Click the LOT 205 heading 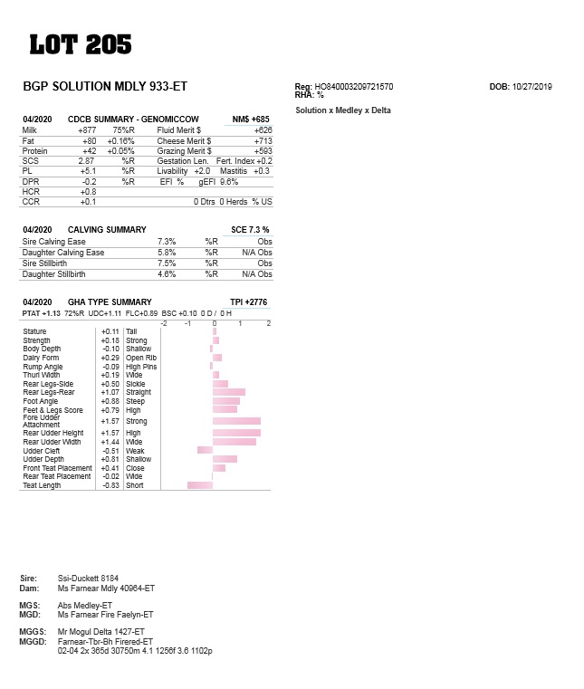click(x=81, y=44)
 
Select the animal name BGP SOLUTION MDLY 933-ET click(x=105, y=87)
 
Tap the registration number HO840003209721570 click(x=354, y=87)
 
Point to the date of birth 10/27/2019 click(x=532, y=87)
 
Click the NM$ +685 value click(x=251, y=120)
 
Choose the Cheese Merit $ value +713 click(x=263, y=141)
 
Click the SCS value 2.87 click(x=87, y=160)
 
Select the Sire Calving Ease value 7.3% click(x=167, y=242)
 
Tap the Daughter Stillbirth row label click(x=54, y=273)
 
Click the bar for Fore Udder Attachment click(x=236, y=421)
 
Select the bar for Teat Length click(x=200, y=485)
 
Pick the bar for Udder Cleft click(x=205, y=450)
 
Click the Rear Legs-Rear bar click(x=229, y=392)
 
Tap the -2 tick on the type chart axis click(x=164, y=323)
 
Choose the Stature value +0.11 click(x=110, y=332)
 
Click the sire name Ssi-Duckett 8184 click(x=88, y=578)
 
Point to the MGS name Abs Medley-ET click(x=84, y=605)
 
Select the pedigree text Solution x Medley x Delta click(x=343, y=110)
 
